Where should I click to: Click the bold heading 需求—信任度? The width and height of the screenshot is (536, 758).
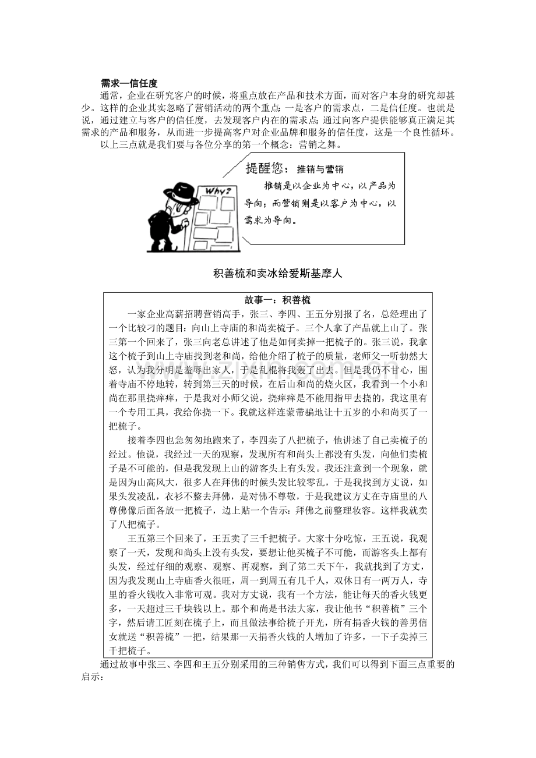tap(129, 84)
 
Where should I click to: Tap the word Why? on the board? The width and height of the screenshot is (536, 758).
tap(217, 191)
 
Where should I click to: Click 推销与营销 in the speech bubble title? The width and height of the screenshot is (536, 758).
tap(320, 169)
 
